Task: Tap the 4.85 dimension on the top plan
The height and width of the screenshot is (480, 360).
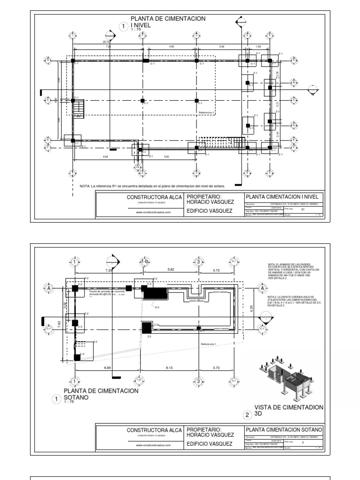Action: click(172, 47)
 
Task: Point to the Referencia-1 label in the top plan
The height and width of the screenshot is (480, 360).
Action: click(206, 112)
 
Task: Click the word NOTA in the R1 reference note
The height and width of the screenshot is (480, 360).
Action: click(84, 186)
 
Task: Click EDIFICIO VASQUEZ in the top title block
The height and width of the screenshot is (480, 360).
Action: click(210, 211)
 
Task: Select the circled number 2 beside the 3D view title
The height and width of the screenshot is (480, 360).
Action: click(247, 414)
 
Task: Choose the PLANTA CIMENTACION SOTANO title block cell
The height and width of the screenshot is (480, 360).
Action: click(284, 429)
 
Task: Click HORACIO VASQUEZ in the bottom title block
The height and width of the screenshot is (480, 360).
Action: click(210, 436)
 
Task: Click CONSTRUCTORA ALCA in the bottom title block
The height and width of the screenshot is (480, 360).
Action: click(154, 430)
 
